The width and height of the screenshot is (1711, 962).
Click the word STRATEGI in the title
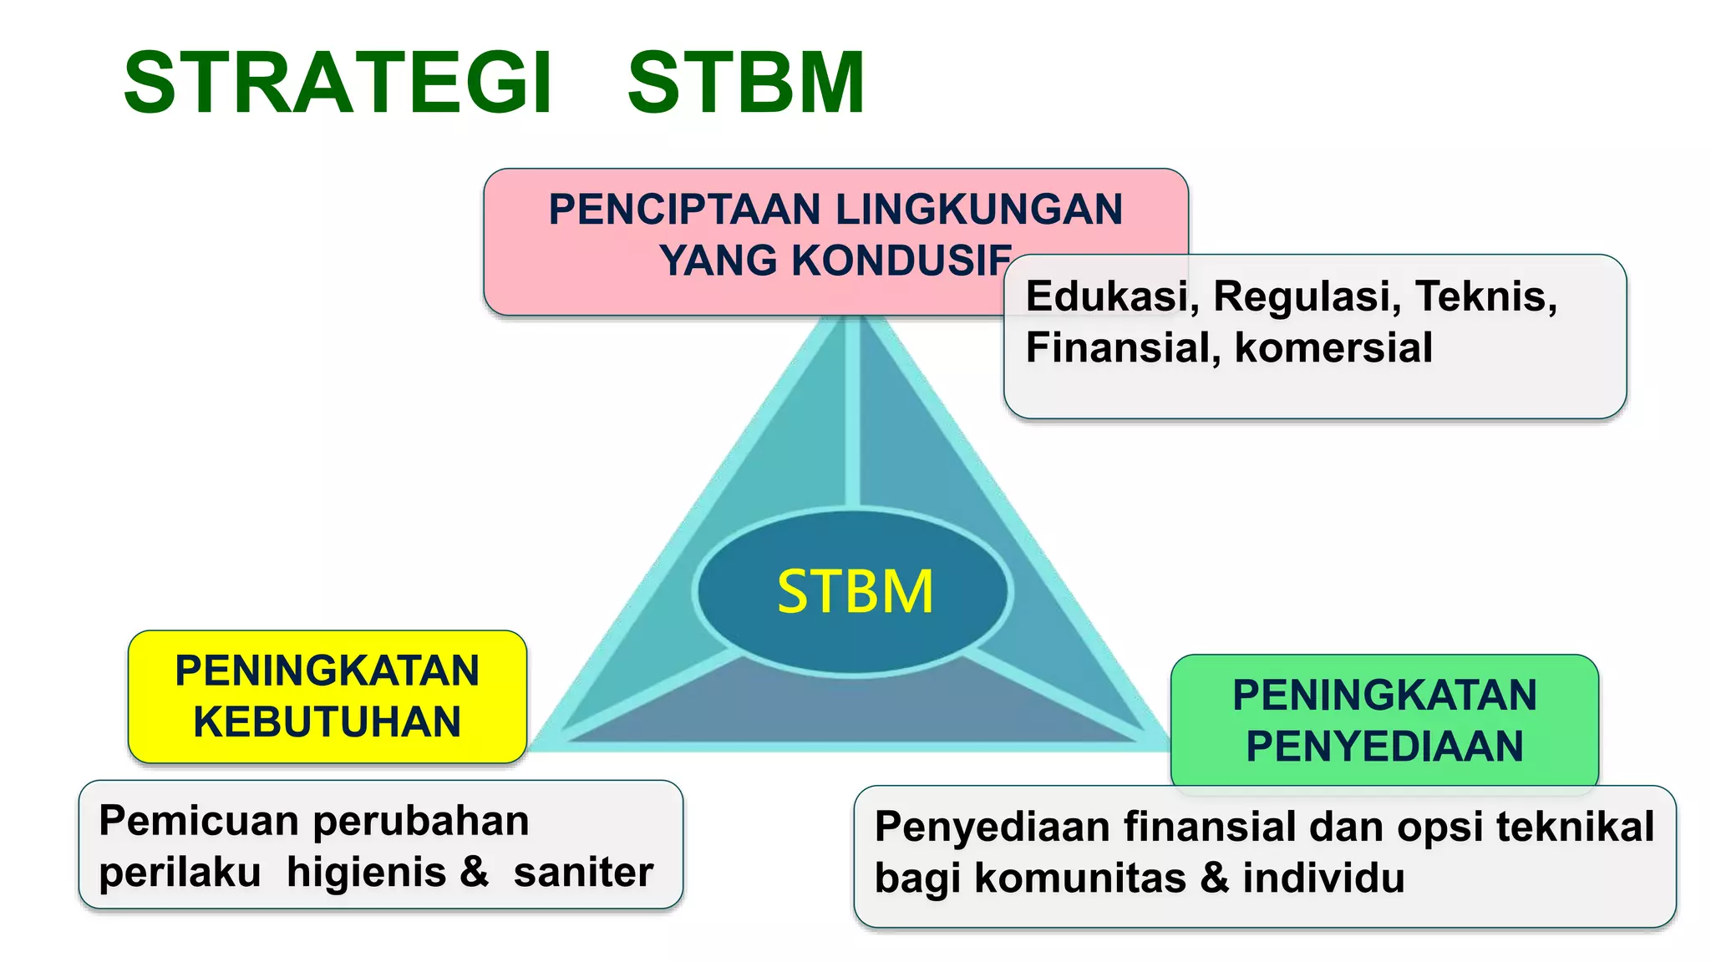tap(338, 84)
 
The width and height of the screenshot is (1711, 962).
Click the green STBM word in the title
tap(746, 84)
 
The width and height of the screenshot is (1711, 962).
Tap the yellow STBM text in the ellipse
tap(855, 592)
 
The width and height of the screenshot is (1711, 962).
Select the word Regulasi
tap(1307, 296)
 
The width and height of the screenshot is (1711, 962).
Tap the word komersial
tap(1333, 348)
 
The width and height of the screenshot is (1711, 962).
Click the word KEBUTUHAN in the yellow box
tap(327, 722)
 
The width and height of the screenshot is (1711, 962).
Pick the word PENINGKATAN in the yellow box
tap(327, 671)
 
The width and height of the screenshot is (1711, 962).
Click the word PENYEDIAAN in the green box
tap(1384, 747)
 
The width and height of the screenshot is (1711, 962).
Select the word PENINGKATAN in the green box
tap(1384, 695)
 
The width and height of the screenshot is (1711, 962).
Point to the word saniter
tap(583, 873)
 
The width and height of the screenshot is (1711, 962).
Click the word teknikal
tap(1575, 827)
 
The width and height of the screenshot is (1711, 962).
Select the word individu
tap(1323, 878)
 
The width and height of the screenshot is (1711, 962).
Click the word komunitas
tap(1079, 878)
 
